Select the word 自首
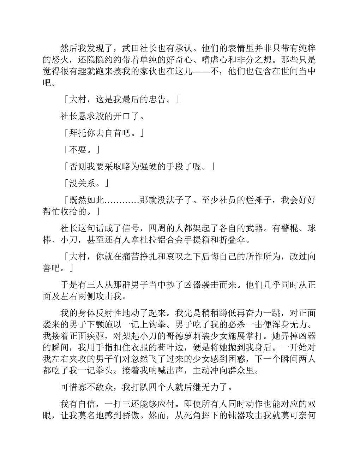tap(113, 133)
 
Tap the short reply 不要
tap(78, 150)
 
